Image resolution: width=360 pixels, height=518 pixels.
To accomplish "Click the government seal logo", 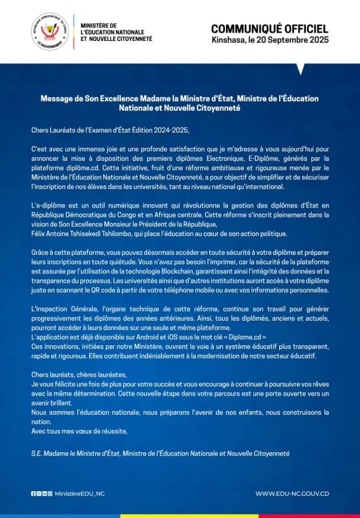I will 50,31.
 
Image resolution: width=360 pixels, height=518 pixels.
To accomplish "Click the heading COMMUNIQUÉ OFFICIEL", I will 269,28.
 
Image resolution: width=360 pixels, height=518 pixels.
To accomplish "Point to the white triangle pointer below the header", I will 301,69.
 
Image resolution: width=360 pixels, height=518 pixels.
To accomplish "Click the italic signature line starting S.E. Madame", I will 160,454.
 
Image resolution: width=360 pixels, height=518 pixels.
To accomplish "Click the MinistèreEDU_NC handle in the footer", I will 79,494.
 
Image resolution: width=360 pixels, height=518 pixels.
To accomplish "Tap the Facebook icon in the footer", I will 33,494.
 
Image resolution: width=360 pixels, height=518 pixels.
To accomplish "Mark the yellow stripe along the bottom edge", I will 189,516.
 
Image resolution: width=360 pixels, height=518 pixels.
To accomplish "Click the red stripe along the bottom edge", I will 309,516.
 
